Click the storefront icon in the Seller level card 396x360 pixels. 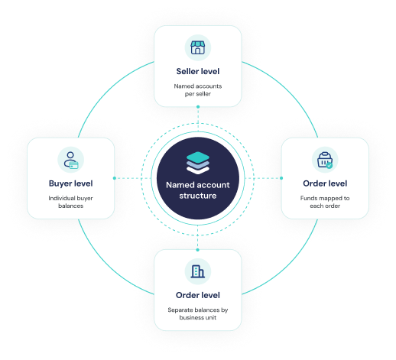click(198, 47)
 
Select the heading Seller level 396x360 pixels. click(198, 71)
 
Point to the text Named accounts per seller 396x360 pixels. click(198, 90)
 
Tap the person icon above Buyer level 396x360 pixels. click(70, 160)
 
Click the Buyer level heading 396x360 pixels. click(70, 183)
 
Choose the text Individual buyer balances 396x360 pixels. click(70, 202)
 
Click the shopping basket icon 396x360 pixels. click(325, 160)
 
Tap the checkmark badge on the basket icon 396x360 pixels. click(329, 165)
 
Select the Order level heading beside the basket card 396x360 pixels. click(325, 183)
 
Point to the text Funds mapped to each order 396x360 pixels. click(325, 202)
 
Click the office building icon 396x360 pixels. click(198, 271)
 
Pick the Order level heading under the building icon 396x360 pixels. click(198, 295)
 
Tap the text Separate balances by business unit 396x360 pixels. click(198, 313)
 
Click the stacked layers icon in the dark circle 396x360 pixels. click(198, 163)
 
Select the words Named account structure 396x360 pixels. click(198, 190)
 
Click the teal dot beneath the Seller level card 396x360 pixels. click(198, 107)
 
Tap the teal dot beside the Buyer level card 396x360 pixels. click(115, 178)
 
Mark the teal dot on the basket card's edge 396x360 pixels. click(281, 178)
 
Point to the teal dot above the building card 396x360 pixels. click(198, 250)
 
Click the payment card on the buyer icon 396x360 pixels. click(74, 165)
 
